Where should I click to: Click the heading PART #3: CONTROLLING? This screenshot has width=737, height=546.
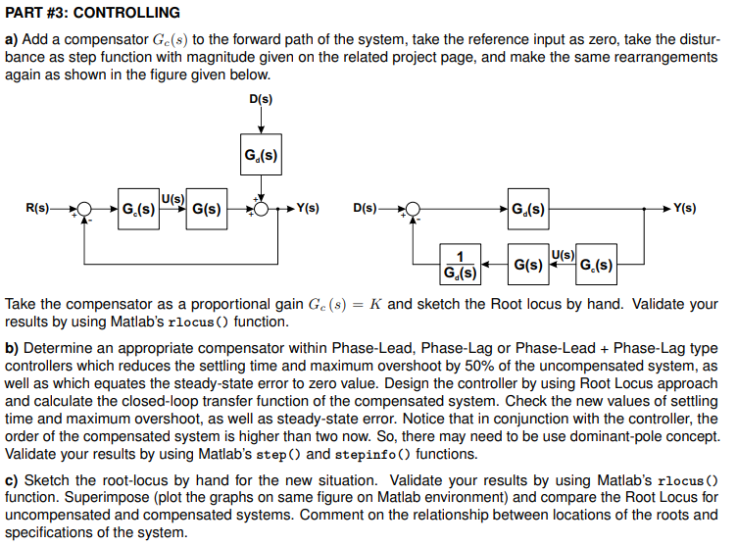[x=93, y=13]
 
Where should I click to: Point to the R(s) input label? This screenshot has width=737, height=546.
[x=37, y=209]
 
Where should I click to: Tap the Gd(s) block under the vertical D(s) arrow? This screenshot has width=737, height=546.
[x=261, y=155]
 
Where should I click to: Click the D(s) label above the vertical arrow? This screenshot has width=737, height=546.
[x=261, y=99]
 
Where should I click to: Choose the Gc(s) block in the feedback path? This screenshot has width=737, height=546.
[x=596, y=265]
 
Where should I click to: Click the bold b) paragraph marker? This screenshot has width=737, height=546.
[x=13, y=348]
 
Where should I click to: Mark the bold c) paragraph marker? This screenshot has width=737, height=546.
[x=13, y=480]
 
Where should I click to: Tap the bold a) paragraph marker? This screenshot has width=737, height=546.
[x=13, y=39]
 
